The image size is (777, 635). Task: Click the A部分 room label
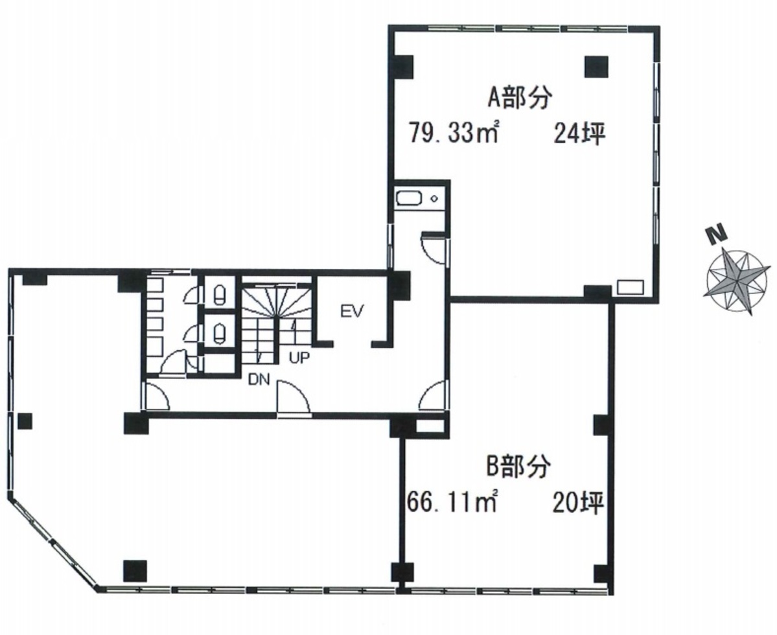click(519, 97)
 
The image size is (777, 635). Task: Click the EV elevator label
click(353, 312)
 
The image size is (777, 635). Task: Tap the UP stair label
click(299, 358)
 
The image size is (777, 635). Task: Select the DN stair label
click(259, 380)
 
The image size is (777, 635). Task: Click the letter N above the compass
click(715, 235)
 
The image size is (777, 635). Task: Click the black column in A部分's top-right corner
click(596, 66)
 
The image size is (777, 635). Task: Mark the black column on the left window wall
click(25, 421)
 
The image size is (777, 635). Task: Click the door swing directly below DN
click(293, 397)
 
